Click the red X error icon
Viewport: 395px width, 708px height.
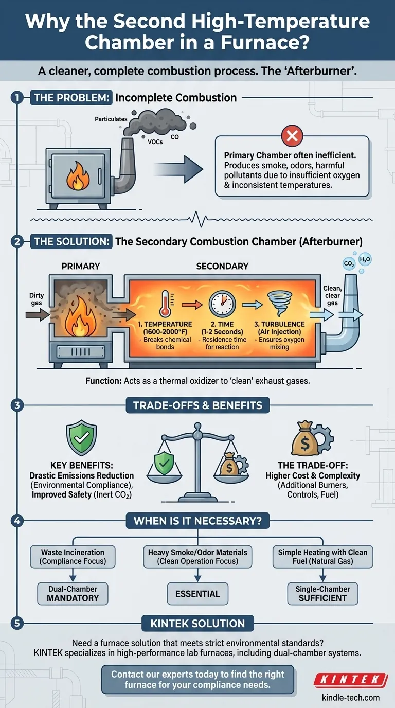tap(292, 136)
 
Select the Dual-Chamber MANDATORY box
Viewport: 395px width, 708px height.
tap(73, 594)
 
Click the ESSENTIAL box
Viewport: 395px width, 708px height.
tap(197, 594)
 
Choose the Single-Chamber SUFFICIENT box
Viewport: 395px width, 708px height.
tap(322, 594)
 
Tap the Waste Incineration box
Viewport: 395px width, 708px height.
tap(73, 557)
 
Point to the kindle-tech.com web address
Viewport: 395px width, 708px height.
tap(350, 697)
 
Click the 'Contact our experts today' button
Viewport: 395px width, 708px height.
tap(197, 679)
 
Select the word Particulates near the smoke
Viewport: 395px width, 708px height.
tap(111, 119)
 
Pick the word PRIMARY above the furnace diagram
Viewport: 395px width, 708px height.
tap(81, 267)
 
